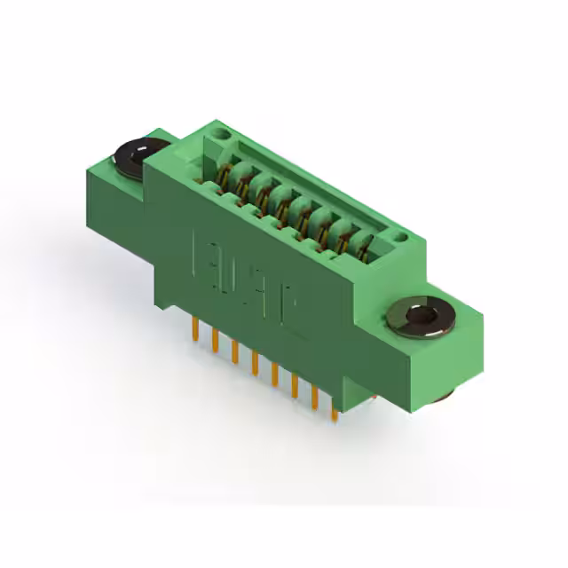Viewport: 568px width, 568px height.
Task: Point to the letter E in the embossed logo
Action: (202, 252)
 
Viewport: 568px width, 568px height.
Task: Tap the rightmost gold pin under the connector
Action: (334, 408)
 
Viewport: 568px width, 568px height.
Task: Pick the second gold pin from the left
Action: (214, 341)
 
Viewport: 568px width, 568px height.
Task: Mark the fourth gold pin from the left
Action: (255, 363)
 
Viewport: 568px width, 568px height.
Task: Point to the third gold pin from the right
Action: (294, 385)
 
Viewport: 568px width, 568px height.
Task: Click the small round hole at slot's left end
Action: (222, 134)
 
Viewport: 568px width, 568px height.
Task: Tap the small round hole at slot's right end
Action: (400, 236)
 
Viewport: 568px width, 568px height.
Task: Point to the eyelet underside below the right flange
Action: (444, 395)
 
